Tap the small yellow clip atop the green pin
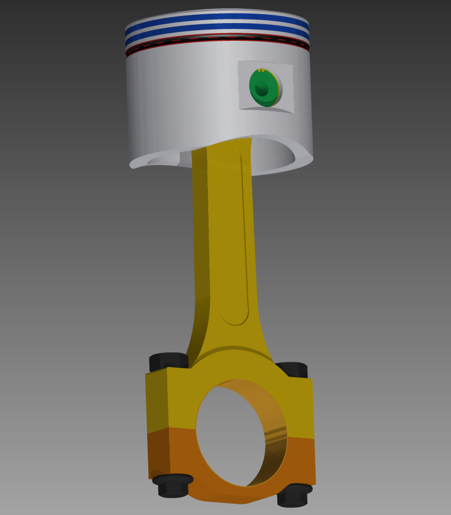(261, 70)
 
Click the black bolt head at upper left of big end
(168, 360)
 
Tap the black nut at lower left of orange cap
(172, 485)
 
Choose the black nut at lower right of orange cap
(294, 494)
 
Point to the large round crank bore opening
(233, 438)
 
